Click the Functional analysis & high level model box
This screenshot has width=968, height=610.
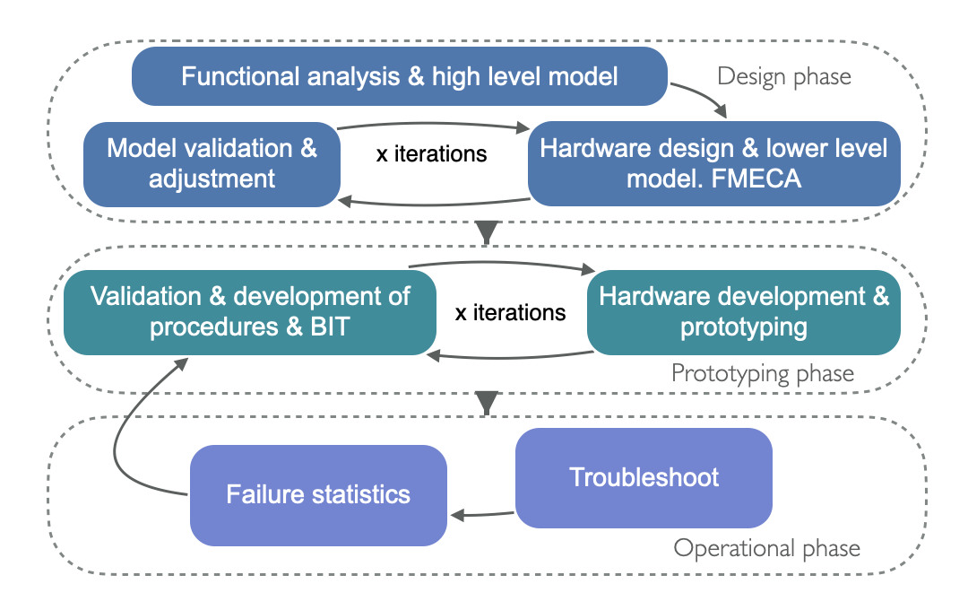click(400, 76)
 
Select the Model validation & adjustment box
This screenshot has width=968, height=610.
click(212, 163)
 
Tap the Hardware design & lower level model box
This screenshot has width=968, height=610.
click(713, 163)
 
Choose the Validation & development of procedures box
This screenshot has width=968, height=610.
click(250, 311)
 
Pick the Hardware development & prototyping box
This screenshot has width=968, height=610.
click(743, 311)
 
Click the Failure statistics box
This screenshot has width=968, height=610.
click(318, 494)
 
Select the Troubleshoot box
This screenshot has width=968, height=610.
click(644, 477)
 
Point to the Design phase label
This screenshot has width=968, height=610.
click(784, 76)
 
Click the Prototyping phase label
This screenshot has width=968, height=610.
click(763, 372)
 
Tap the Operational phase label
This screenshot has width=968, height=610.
click(766, 548)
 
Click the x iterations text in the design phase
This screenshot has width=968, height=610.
click(431, 153)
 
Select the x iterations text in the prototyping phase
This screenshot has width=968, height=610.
click(511, 313)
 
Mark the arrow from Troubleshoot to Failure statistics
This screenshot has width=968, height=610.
click(482, 515)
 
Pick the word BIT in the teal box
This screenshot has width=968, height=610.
click(330, 327)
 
